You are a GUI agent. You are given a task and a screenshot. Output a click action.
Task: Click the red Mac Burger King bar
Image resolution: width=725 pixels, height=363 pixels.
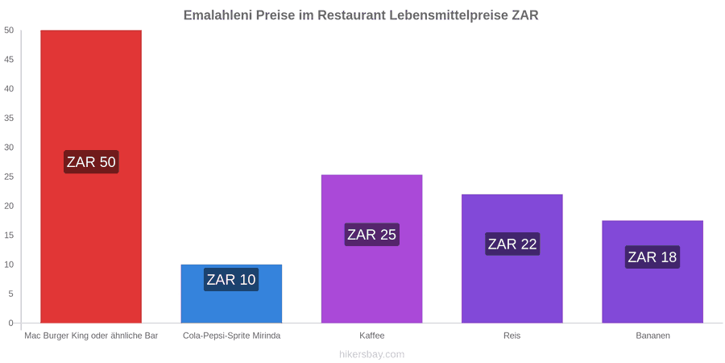pyautogui.click(x=91, y=177)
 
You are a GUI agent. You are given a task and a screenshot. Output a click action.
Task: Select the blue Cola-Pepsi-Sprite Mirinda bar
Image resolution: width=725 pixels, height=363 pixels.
pyautogui.click(x=231, y=294)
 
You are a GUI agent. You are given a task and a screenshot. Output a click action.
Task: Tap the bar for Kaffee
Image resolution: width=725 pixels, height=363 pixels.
pyautogui.click(x=371, y=248)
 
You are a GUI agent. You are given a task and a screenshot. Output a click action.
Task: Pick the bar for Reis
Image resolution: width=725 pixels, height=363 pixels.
pyautogui.click(x=512, y=258)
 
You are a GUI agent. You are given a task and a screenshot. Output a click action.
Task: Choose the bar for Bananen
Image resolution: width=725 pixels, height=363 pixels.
pyautogui.click(x=652, y=272)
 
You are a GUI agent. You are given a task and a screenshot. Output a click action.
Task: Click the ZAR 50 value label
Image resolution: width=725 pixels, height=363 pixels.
pyautogui.click(x=91, y=162)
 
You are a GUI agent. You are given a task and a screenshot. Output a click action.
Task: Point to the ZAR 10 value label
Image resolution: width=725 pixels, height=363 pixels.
pyautogui.click(x=231, y=280)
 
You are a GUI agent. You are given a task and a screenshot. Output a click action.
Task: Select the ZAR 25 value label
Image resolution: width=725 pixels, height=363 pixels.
pyautogui.click(x=371, y=234)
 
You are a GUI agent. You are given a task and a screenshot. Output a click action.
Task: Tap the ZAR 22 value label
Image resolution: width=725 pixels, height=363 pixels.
pyautogui.click(x=512, y=244)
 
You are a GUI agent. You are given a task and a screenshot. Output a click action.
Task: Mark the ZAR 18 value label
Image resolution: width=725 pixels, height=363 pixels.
pyautogui.click(x=652, y=257)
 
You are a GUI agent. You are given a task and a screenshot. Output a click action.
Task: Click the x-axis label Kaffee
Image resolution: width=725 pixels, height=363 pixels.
pyautogui.click(x=371, y=336)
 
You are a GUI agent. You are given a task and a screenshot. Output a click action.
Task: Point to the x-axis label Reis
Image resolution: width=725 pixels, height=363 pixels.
pyautogui.click(x=512, y=336)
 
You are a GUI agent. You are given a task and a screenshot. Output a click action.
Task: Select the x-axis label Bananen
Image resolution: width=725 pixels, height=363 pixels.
pyautogui.click(x=652, y=336)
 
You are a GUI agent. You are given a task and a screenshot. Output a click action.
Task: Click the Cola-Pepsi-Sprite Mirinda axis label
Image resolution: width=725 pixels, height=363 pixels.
pyautogui.click(x=232, y=336)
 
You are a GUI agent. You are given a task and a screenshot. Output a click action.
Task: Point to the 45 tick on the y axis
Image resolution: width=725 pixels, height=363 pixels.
pyautogui.click(x=9, y=60)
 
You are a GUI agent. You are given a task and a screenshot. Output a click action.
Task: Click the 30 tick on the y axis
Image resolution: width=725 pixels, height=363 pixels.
pyautogui.click(x=9, y=148)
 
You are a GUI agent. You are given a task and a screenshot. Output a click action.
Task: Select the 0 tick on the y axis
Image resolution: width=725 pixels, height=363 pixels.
pyautogui.click(x=11, y=323)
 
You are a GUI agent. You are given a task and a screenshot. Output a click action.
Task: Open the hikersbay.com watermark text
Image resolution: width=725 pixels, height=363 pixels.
pyautogui.click(x=371, y=355)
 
